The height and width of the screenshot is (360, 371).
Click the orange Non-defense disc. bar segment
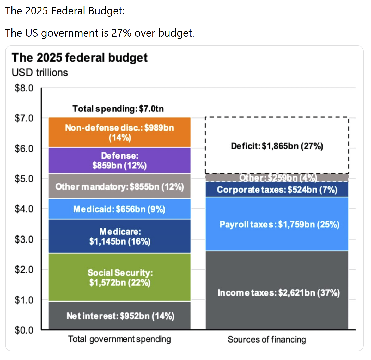click(119, 132)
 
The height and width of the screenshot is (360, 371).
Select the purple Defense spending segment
click(119, 160)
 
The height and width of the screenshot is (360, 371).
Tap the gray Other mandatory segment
click(119, 186)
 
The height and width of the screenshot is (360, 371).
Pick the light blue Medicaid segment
click(119, 209)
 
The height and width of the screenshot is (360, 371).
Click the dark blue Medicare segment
click(119, 236)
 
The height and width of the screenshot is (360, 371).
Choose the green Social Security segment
click(119, 277)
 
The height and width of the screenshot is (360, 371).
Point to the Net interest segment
click(119, 316)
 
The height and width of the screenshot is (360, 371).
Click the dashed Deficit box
click(277, 145)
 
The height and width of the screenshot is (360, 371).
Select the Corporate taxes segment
click(277, 190)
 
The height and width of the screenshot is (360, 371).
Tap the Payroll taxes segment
click(277, 224)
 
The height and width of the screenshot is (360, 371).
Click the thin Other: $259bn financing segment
click(277, 178)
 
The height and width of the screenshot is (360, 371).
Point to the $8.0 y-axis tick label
click(24, 88)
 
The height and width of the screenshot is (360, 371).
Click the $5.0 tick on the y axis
click(24, 179)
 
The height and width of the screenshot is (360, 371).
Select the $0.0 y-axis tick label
click(24, 330)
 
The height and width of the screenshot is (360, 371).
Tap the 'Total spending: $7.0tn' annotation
click(118, 109)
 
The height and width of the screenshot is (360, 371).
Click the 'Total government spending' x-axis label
click(119, 339)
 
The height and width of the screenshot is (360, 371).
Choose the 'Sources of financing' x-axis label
click(267, 339)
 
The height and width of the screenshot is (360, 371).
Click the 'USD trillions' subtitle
click(40, 73)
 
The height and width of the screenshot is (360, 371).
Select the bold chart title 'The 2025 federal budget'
click(80, 58)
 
